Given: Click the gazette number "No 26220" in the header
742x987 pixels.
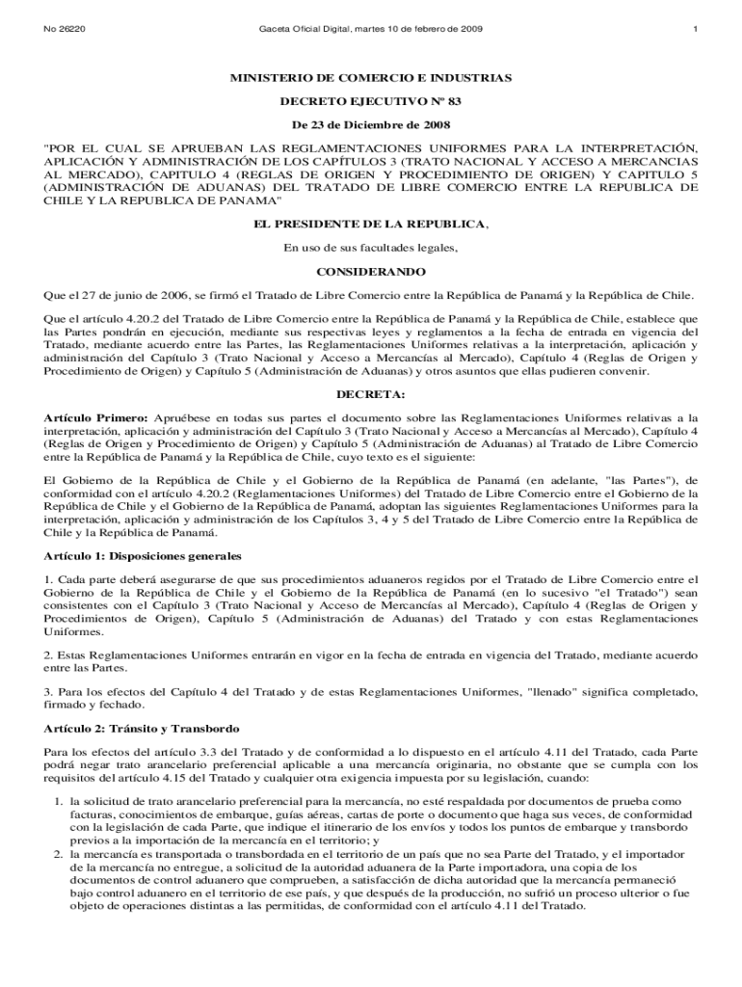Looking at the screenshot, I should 65,30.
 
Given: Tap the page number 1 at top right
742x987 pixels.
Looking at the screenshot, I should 694,30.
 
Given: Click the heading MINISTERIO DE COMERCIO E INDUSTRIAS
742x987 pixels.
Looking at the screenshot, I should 370,77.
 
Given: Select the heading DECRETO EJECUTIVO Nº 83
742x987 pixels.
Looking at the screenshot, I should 370,100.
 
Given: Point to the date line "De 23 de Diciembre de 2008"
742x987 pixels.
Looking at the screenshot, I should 370,124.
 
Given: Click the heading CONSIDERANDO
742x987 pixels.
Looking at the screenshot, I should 370,272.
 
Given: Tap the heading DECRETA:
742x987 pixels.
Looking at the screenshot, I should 370,395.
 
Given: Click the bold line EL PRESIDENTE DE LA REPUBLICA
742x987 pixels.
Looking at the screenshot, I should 369,224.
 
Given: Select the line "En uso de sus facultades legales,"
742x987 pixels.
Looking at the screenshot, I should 370,248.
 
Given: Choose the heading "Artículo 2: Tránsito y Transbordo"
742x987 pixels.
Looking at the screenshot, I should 142,728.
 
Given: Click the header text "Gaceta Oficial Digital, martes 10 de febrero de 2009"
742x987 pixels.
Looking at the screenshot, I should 371,30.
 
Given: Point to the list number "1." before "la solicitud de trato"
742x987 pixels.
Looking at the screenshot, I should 59,801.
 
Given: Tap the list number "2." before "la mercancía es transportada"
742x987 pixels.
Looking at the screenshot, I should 59,855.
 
